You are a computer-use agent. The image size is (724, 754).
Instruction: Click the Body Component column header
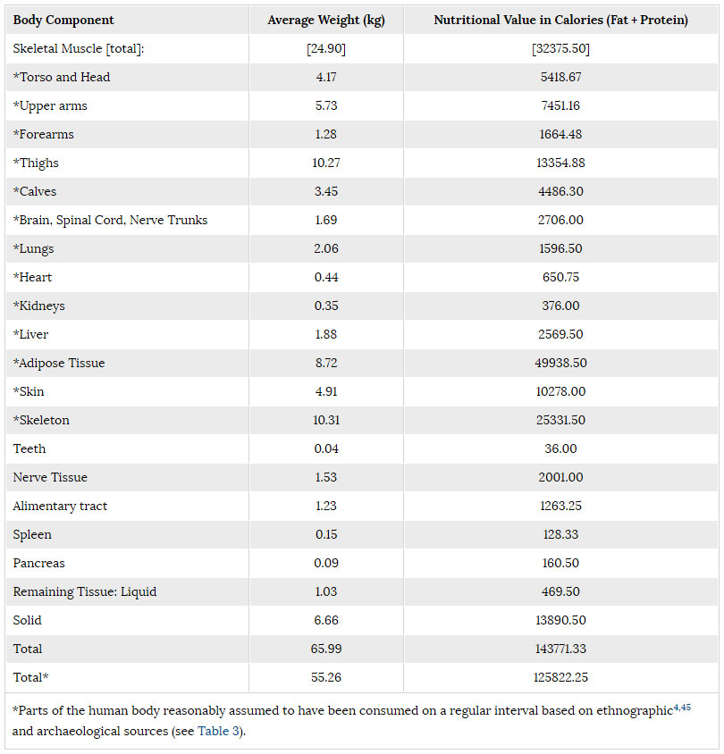63,21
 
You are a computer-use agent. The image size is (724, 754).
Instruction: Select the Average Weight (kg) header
326,21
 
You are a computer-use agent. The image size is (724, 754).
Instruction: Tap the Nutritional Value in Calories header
560,21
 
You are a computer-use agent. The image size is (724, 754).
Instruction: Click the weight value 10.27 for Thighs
326,163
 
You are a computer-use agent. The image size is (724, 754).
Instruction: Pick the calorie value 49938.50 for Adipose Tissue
560,364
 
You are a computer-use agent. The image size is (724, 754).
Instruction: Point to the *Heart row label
34,278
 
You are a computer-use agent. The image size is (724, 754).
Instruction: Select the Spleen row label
32,535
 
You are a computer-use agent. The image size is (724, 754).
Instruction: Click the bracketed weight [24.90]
326,49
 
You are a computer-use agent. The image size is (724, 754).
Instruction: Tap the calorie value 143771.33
560,649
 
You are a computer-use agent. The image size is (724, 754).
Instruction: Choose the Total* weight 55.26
326,678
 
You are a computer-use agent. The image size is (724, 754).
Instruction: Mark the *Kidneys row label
39,306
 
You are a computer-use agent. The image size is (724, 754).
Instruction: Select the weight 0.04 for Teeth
326,449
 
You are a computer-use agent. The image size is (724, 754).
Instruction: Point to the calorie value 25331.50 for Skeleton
560,421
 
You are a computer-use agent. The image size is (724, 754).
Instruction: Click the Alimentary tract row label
60,507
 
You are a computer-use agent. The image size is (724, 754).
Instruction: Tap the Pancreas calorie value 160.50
560,564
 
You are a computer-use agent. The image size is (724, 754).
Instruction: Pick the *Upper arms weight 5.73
326,106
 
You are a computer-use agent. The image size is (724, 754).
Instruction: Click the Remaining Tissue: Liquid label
85,592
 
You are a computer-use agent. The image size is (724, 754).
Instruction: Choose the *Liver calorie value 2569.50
560,335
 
